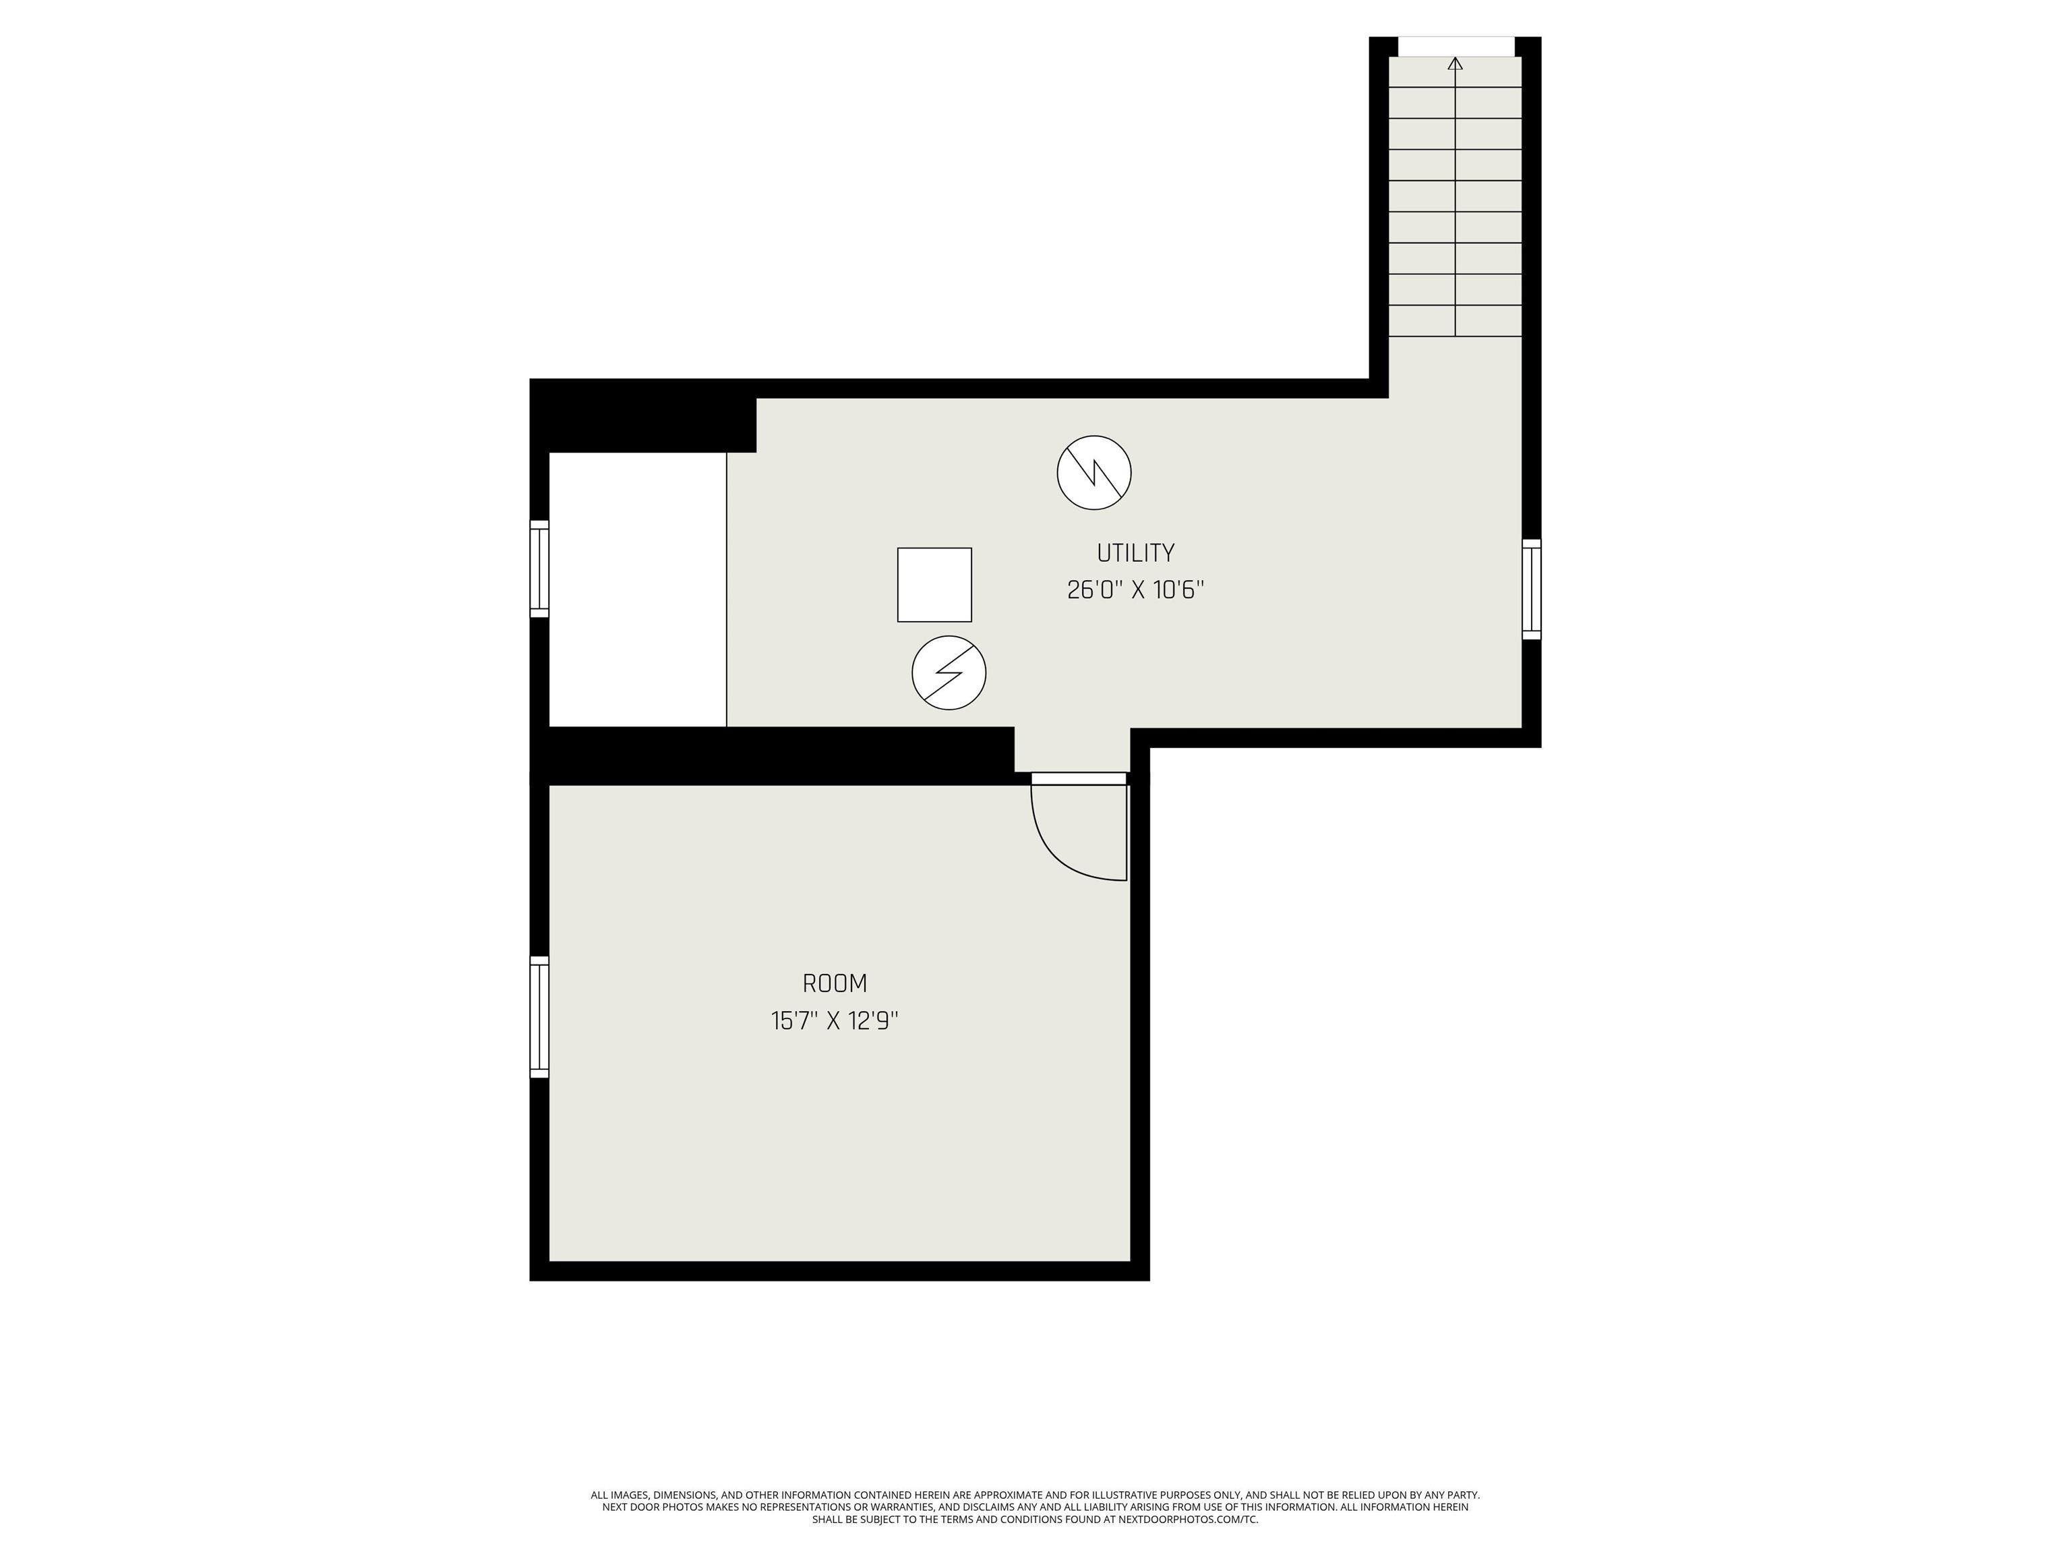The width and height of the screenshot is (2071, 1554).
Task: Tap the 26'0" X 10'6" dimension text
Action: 1135,590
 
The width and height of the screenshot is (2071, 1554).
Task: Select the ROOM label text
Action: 834,983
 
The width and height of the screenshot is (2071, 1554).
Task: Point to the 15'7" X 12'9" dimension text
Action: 834,1021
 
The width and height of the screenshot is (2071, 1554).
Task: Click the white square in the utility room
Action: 934,585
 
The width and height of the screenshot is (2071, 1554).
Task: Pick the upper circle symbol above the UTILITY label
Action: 1093,473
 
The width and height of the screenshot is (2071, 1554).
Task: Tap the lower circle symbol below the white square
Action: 949,672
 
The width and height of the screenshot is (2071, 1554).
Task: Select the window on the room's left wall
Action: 539,1016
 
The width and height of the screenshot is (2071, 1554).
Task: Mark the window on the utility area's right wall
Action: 1531,589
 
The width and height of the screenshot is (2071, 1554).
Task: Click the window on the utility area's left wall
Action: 539,569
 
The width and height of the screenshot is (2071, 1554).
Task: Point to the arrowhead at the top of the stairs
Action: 1455,63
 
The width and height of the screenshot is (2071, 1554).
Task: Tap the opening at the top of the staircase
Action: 1455,46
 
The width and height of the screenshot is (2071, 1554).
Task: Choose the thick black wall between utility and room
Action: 777,755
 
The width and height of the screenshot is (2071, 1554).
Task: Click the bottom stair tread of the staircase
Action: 1455,321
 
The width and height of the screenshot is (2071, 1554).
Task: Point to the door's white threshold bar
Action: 1079,778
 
